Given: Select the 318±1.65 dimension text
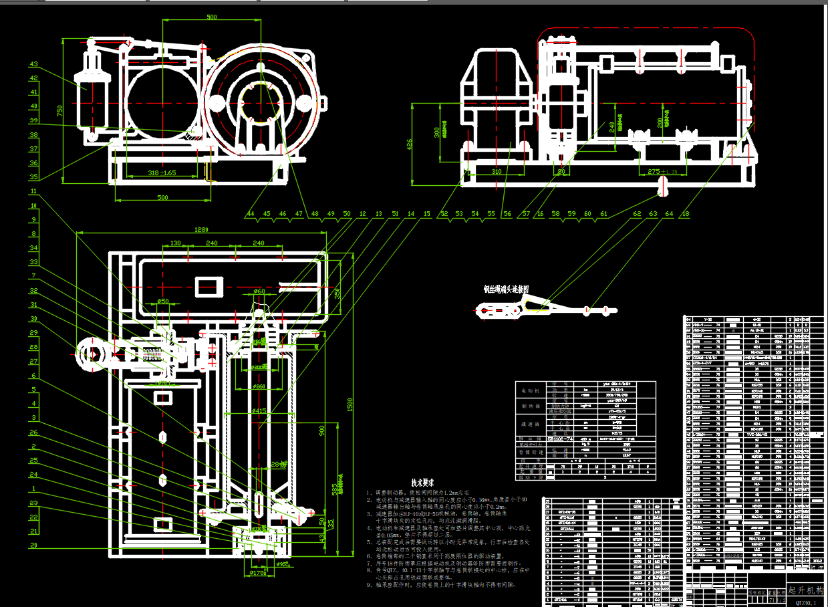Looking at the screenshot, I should click(x=162, y=172).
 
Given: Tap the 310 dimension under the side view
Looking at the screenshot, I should click(x=496, y=172).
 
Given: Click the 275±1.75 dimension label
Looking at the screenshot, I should click(x=662, y=172).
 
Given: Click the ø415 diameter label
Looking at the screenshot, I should click(x=259, y=410).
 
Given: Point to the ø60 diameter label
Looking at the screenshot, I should click(x=259, y=291).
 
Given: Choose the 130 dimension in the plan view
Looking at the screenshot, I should click(x=176, y=243).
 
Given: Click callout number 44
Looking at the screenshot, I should click(x=251, y=214).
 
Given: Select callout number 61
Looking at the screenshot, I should click(x=603, y=214).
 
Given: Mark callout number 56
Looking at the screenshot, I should click(x=507, y=214).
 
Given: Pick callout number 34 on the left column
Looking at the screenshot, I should click(x=33, y=248).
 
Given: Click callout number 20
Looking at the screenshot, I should click(x=33, y=545).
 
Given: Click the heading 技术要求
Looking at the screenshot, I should click(x=422, y=482).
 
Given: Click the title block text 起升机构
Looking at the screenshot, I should click(x=806, y=590).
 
